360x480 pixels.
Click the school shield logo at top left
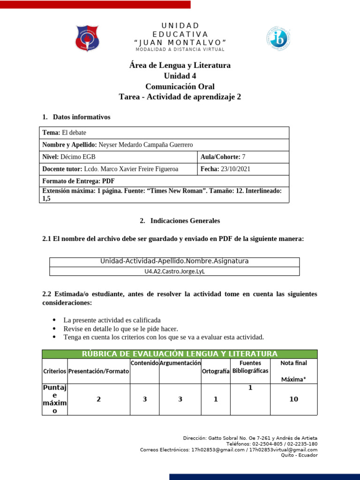point(87,38)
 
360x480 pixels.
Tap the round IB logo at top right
point(280,38)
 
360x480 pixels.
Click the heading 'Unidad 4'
point(180,76)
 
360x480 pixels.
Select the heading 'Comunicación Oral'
point(180,86)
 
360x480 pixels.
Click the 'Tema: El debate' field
point(64,133)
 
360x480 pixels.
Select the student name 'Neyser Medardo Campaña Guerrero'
point(146,145)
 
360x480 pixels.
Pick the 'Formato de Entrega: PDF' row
point(78,181)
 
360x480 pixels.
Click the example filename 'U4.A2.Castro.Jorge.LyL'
point(174,271)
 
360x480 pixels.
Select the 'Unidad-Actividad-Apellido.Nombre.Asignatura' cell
point(174,261)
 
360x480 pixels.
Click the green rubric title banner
point(180,354)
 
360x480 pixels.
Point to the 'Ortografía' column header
point(216,371)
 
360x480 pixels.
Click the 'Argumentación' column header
point(180,363)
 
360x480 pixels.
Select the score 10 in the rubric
point(293,399)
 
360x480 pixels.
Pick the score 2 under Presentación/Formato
point(98,399)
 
